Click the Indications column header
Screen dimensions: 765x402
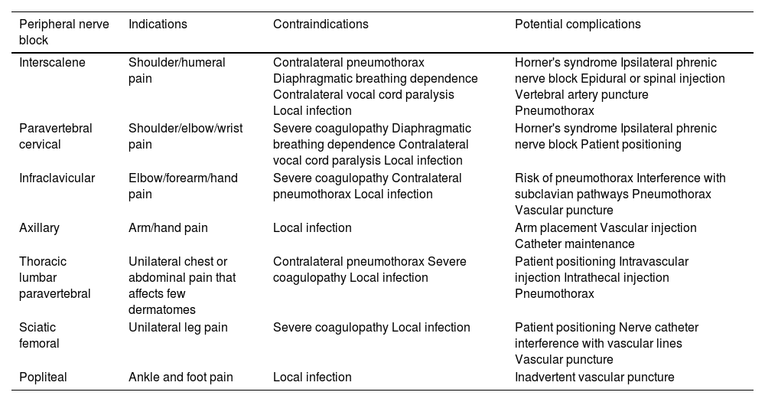point(158,25)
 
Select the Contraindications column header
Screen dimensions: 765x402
point(321,25)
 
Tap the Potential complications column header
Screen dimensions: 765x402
point(578,25)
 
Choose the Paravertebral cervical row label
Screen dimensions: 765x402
point(55,136)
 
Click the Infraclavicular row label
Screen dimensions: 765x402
point(57,178)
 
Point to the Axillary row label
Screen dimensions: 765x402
point(39,228)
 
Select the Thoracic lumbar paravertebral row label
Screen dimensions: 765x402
point(54,277)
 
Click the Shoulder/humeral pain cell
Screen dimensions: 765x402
point(177,70)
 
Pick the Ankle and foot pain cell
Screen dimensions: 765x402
point(181,377)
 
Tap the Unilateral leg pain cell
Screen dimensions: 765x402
point(178,328)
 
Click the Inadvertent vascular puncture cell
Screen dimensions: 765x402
point(594,377)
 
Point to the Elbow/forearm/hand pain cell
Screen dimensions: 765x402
point(183,186)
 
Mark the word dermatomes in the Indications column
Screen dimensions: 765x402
point(162,309)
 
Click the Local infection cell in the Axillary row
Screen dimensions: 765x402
point(312,228)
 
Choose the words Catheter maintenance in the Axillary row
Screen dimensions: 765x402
point(575,244)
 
